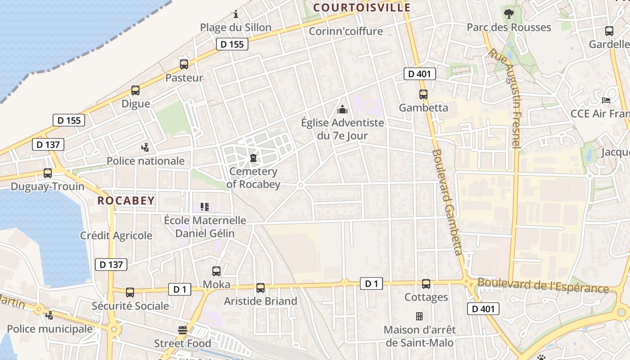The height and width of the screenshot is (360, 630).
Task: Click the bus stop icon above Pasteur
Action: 184,64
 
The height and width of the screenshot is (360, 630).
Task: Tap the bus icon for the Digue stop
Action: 135,90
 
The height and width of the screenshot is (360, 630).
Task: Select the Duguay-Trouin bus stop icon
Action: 48,173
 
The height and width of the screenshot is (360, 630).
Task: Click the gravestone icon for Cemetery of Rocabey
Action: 253,158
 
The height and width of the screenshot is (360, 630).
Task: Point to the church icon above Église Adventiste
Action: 342,109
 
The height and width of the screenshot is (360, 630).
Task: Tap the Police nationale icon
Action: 145,147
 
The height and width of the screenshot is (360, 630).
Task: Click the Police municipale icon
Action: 49,315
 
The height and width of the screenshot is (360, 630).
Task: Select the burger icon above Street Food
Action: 182,330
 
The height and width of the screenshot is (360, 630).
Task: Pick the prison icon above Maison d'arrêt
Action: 419,316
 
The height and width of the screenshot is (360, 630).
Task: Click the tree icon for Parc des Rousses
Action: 509,14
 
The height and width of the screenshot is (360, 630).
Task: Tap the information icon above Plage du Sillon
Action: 235,14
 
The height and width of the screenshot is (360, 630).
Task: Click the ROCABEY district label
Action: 126,201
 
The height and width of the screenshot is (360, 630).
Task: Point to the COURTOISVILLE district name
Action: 362,8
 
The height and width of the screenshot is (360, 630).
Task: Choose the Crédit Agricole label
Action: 116,235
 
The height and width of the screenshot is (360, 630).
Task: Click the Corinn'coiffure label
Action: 346,31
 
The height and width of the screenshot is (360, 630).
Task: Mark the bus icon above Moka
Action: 216,271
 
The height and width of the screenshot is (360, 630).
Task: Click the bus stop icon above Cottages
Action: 426,284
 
